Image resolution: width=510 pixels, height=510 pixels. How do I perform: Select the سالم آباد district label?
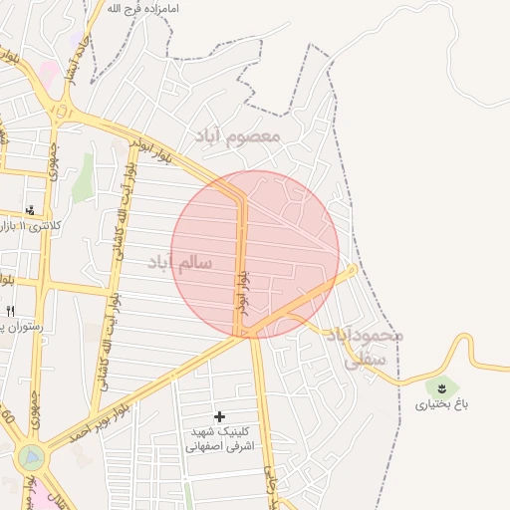pos(180,262)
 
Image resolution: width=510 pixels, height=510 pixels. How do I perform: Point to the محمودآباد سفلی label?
pos(363,349)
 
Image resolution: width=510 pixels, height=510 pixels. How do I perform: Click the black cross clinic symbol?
pos(219,415)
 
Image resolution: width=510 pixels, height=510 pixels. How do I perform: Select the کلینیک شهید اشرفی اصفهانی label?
pos(219,440)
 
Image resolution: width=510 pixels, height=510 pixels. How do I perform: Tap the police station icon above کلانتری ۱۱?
pos(31,210)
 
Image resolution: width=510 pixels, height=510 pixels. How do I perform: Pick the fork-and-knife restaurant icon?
pos(11,311)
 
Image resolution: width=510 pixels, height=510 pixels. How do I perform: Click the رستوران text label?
pos(24,326)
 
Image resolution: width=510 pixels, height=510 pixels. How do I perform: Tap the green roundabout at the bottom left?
pos(31,457)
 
